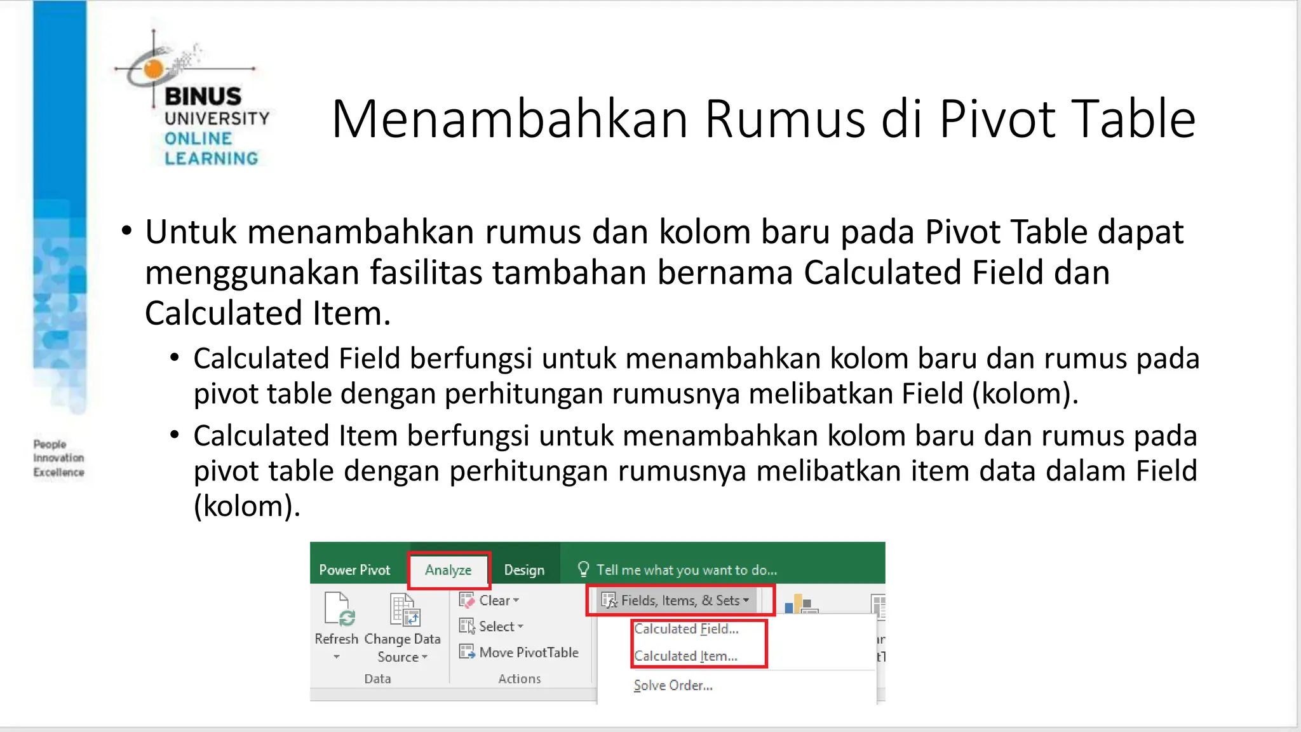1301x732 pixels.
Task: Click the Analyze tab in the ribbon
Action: coord(448,570)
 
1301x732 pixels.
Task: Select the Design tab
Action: coord(524,570)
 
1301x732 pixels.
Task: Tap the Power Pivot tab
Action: coord(354,570)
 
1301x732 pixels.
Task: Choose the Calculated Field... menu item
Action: coord(686,629)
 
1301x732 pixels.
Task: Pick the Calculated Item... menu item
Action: coord(685,656)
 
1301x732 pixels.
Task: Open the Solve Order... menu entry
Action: coord(673,686)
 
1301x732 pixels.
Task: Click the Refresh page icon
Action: coord(338,609)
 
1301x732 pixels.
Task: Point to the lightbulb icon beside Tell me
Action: coord(583,569)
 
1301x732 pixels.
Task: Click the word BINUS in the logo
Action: coord(203,97)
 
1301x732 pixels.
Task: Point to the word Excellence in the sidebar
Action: coord(58,472)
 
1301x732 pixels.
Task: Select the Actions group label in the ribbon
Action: coord(519,679)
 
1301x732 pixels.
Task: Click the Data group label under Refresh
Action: coord(377,679)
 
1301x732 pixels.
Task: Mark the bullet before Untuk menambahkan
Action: coord(127,231)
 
